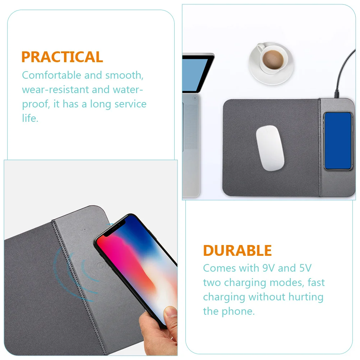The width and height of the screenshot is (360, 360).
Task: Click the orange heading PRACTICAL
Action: click(x=62, y=57)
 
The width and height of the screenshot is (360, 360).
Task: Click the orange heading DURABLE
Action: click(x=237, y=250)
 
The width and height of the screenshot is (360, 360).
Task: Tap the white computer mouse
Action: click(x=270, y=148)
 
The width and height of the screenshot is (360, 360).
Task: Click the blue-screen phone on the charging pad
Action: click(x=337, y=140)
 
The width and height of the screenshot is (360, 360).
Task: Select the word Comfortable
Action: click(x=52, y=75)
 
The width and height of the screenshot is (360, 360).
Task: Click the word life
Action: click(x=30, y=119)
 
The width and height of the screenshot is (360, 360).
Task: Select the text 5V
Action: click(x=306, y=268)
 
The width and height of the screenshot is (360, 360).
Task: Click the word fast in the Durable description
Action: click(x=316, y=282)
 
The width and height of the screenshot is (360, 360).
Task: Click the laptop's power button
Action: click(x=195, y=97)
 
